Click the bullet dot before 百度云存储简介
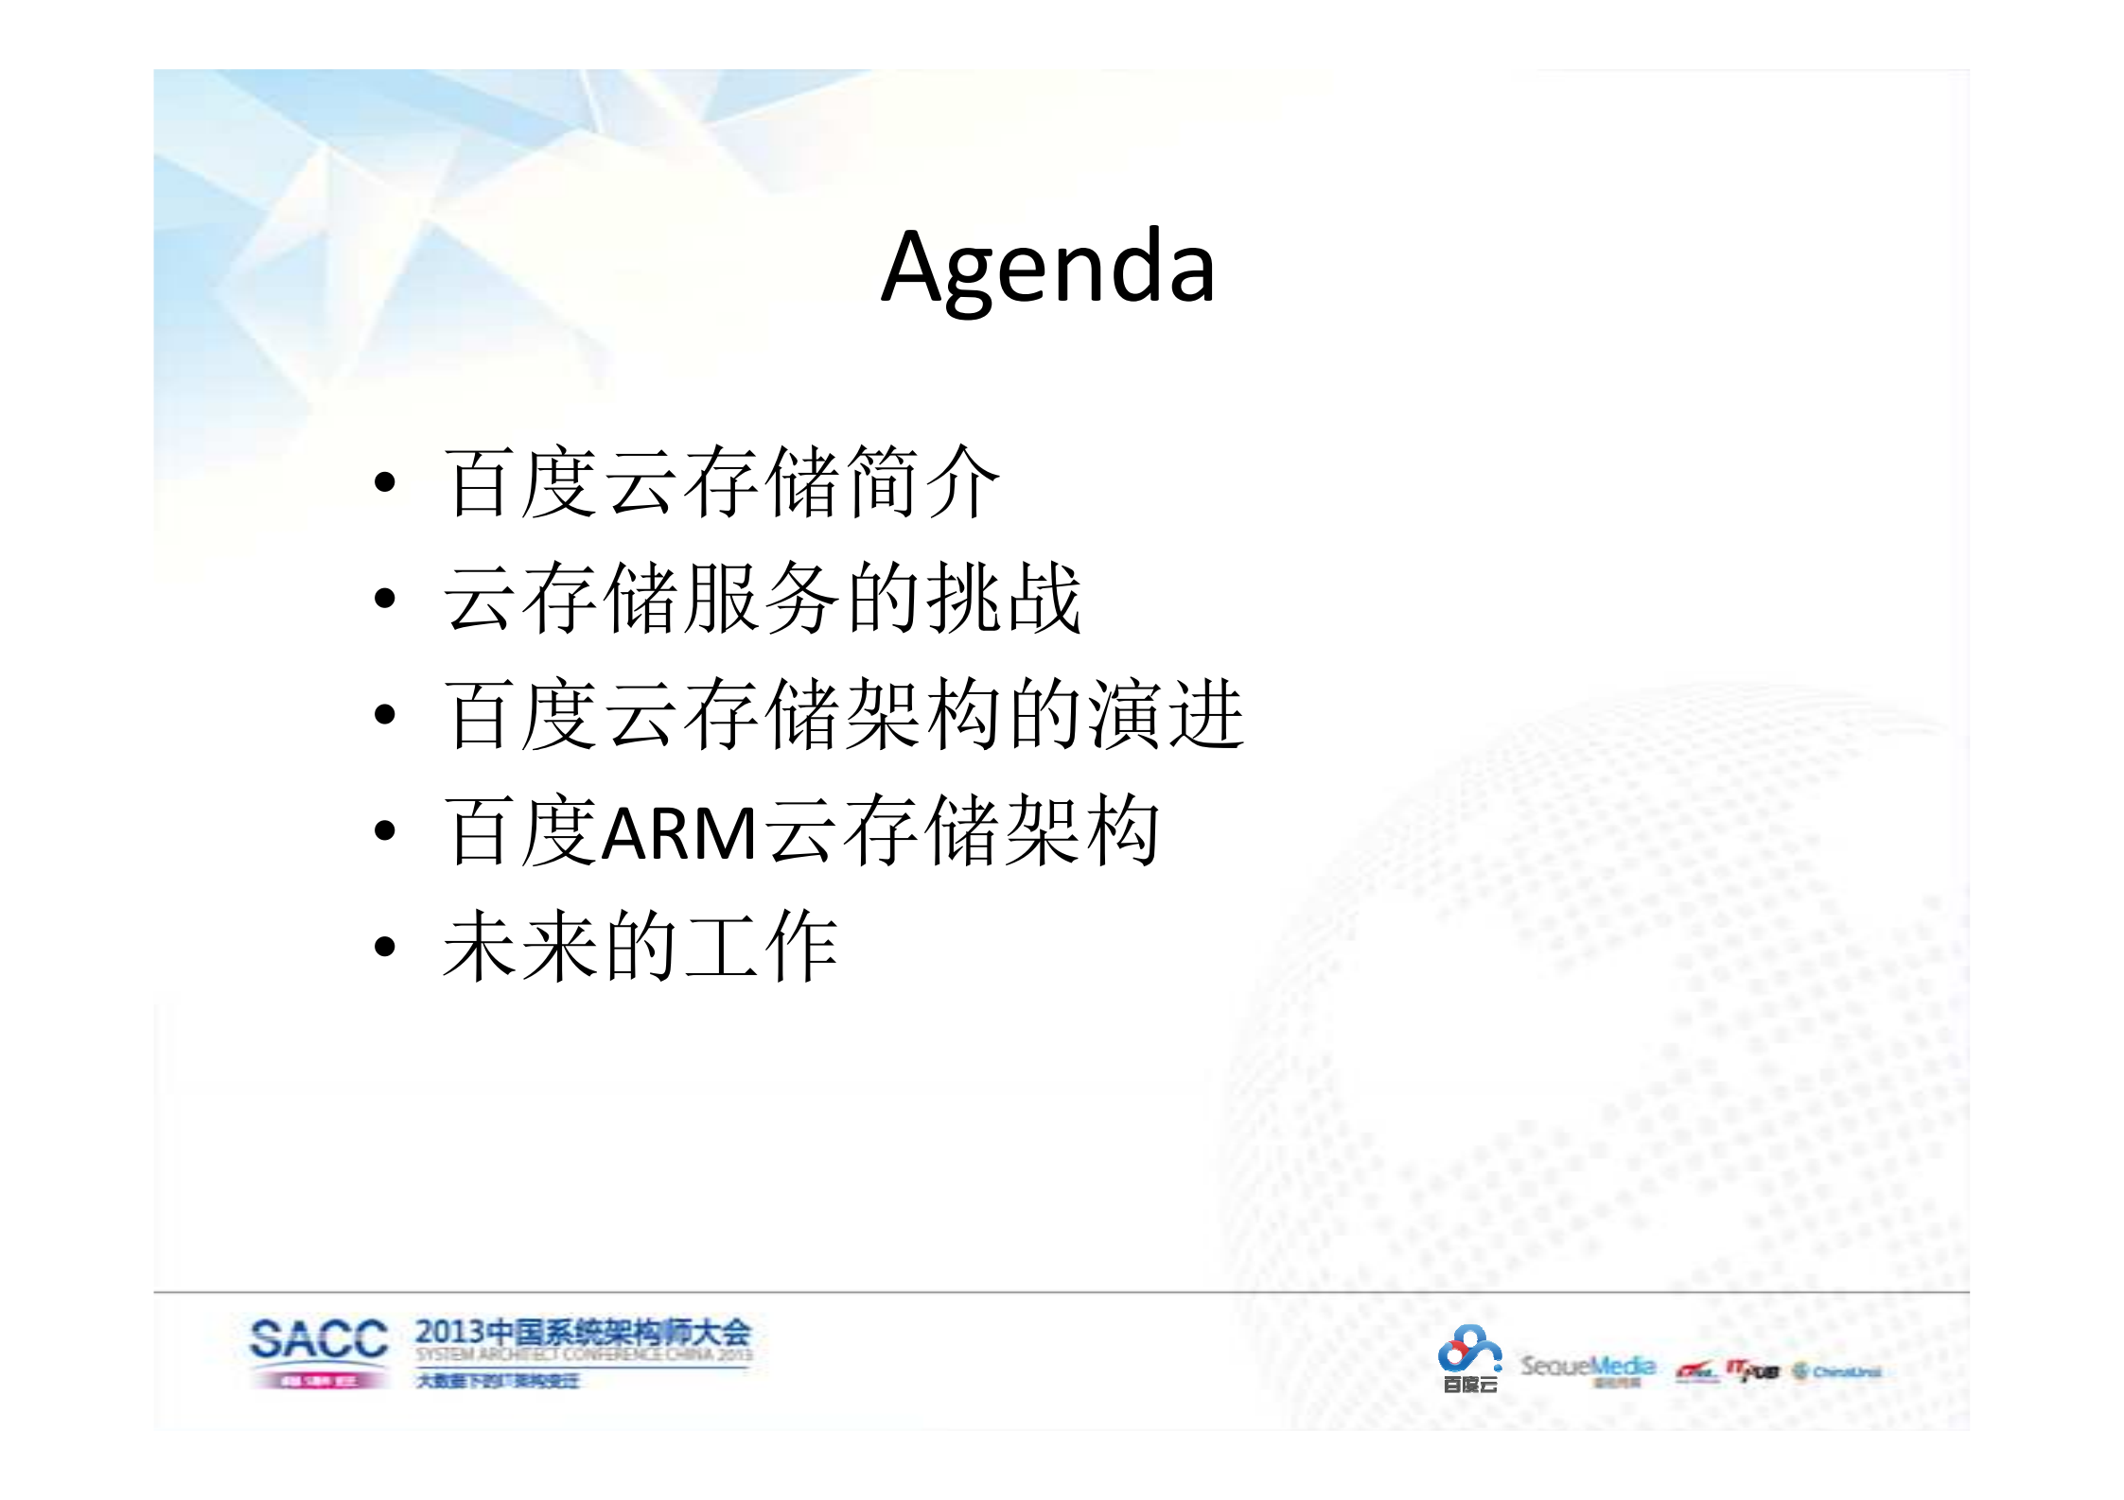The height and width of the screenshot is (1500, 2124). coord(384,482)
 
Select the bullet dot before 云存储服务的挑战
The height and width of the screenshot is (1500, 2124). coord(384,598)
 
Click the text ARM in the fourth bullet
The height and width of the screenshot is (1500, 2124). coord(678,833)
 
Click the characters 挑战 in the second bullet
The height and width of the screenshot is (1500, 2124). coord(1003,598)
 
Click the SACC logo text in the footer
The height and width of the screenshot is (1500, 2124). coord(319,1340)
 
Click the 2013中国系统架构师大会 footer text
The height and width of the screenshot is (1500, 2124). coord(583,1333)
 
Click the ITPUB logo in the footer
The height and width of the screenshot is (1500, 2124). coord(1752,1370)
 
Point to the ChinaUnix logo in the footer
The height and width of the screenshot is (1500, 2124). coord(1836,1371)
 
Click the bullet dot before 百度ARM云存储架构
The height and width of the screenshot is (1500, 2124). coord(384,831)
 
